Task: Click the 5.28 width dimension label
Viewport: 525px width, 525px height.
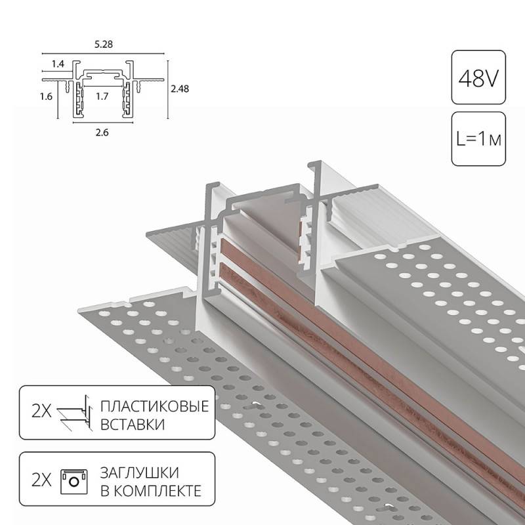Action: (x=104, y=44)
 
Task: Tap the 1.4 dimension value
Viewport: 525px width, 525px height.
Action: (x=58, y=64)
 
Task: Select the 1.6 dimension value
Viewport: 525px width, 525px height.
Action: (x=46, y=96)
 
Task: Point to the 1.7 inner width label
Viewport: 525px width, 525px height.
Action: (x=102, y=96)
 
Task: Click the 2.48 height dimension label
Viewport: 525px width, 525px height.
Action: (x=180, y=89)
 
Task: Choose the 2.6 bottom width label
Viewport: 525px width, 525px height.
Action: (x=102, y=133)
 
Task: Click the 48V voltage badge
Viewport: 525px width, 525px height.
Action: (x=478, y=77)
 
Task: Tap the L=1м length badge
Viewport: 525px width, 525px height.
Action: (x=478, y=139)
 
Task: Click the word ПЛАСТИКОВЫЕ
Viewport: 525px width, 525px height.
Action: (x=155, y=406)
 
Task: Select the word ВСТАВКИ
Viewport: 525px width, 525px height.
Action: (x=133, y=425)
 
